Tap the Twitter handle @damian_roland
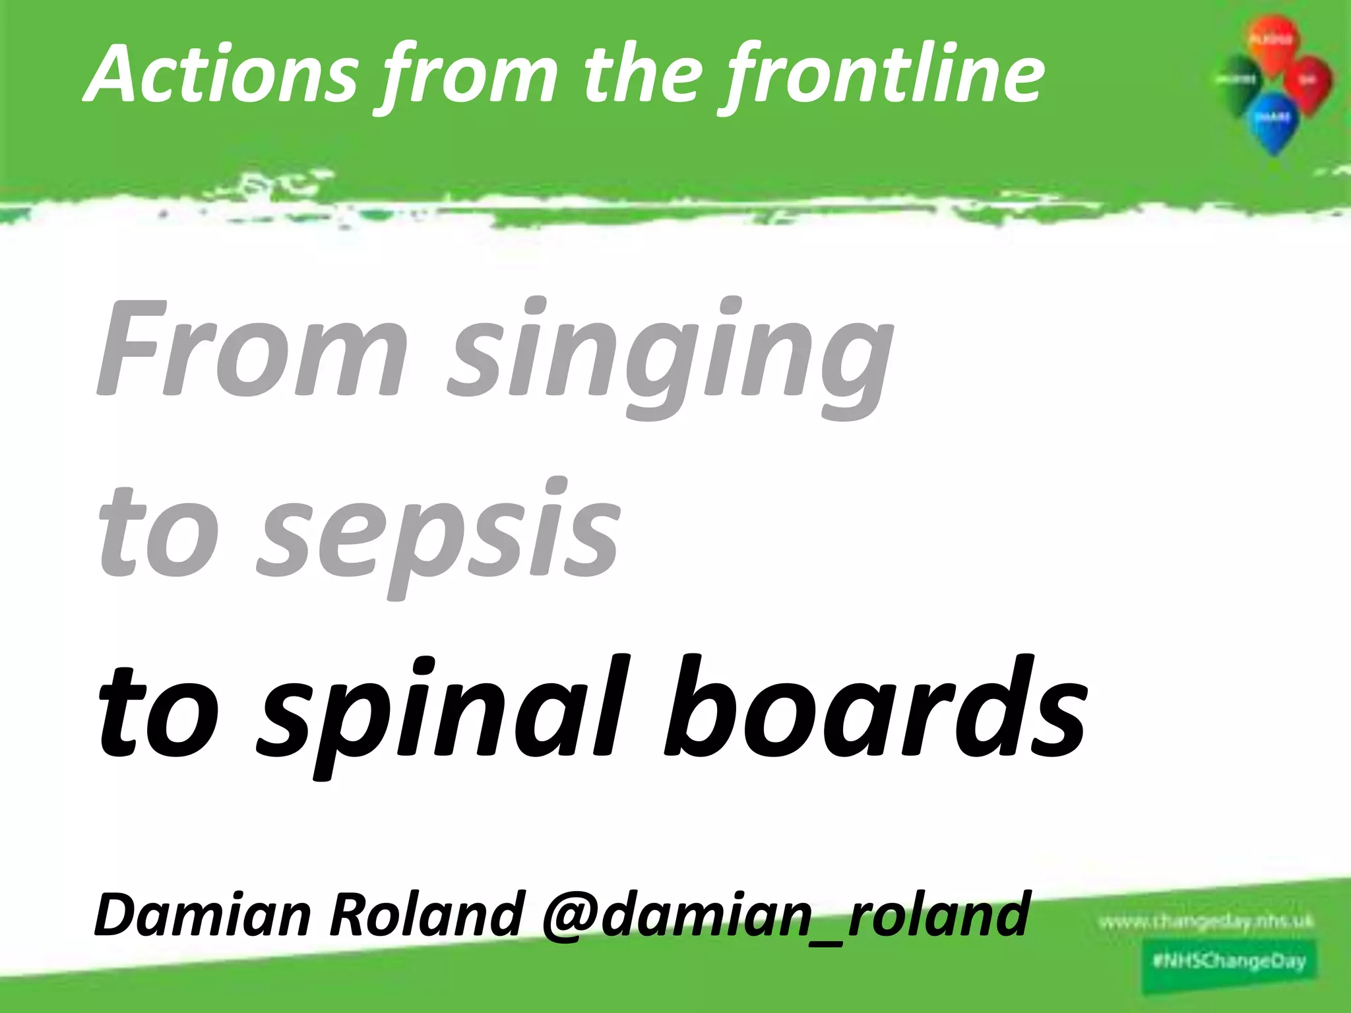785,913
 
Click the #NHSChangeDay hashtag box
1229,960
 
